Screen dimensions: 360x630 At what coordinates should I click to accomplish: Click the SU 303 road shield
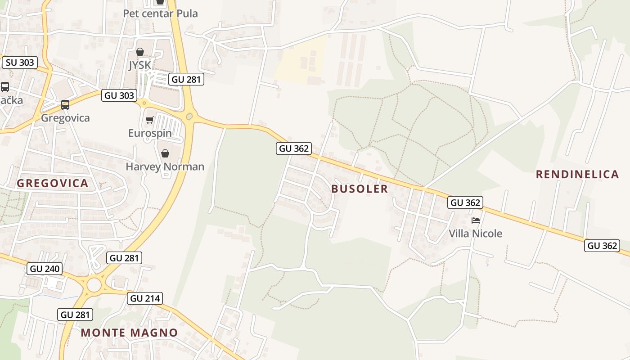pos(20,63)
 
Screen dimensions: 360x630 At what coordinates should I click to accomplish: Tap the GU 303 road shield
pos(119,95)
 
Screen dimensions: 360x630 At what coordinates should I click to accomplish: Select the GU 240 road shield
pos(45,269)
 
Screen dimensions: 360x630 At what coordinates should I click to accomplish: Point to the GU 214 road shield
pos(145,298)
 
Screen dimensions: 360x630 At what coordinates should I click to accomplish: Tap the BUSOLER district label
pos(360,189)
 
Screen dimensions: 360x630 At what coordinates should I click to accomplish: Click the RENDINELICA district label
pos(577,175)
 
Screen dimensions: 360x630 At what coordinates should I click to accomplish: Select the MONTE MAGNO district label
pos(129,333)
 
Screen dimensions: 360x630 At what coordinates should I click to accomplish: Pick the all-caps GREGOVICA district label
pos(52,183)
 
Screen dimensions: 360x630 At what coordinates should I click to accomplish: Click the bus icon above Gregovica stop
pos(65,105)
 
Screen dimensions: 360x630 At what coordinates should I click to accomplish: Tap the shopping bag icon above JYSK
pos(140,52)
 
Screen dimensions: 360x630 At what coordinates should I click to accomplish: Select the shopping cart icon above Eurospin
pos(150,120)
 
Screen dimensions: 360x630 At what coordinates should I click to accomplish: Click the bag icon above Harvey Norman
pos(165,153)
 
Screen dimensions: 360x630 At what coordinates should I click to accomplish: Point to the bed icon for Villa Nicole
pos(476,220)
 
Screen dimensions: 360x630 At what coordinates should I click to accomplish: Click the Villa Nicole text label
pos(475,234)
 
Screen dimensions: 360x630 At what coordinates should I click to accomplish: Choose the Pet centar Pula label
pos(160,13)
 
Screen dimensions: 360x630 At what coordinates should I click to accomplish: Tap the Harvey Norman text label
pos(165,167)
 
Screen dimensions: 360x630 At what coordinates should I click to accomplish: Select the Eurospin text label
pos(150,133)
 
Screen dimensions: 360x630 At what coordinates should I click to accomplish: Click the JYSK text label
pos(140,65)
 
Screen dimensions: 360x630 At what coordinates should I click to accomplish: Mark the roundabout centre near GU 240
pos(94,285)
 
